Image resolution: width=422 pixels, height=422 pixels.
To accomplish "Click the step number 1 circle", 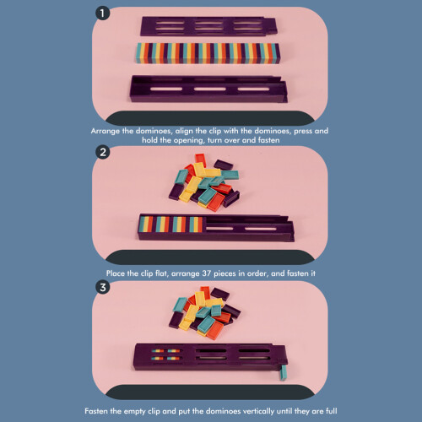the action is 102,14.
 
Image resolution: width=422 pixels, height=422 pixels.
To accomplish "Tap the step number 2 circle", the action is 103,152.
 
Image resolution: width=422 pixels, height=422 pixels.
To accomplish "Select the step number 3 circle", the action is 103,287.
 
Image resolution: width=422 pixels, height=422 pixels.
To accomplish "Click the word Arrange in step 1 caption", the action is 105,131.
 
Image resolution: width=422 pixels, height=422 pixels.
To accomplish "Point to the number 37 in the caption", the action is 207,273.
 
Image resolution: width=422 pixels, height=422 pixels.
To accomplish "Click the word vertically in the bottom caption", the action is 259,411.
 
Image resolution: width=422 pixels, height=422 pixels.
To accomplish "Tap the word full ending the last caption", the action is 332,411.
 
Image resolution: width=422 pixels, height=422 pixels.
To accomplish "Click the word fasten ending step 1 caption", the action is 269,140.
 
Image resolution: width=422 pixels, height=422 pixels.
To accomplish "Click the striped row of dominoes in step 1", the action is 208,53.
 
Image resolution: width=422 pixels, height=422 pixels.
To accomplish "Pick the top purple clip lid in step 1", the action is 208,26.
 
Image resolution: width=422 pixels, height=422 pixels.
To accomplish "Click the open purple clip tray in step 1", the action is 208,89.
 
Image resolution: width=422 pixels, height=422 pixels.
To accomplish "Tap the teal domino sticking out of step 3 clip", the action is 284,373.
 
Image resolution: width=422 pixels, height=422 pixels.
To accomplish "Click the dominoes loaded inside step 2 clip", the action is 170,225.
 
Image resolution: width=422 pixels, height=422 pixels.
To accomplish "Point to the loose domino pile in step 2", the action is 204,182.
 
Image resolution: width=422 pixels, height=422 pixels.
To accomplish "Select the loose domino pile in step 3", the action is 204,313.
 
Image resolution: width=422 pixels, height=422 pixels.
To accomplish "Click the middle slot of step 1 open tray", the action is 209,89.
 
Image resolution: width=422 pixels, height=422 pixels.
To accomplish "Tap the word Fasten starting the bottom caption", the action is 95,411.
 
